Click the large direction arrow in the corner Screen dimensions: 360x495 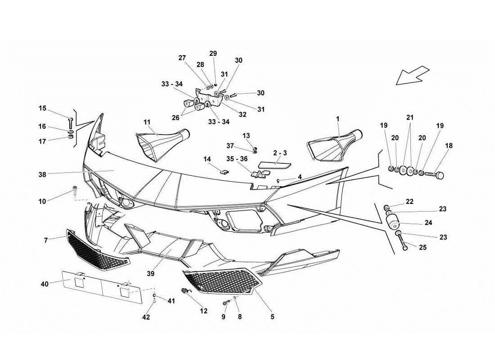click(x=412, y=75)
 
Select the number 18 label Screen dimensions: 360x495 click(x=449, y=146)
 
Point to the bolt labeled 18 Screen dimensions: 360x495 click(x=435, y=173)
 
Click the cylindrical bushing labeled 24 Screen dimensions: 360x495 click(x=393, y=222)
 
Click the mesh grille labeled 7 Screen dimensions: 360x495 click(x=97, y=250)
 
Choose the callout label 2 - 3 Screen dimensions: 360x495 click(x=279, y=153)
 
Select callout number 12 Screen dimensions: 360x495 click(x=203, y=310)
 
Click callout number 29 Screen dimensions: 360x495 click(x=213, y=53)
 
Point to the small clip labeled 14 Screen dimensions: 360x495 click(x=222, y=170)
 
